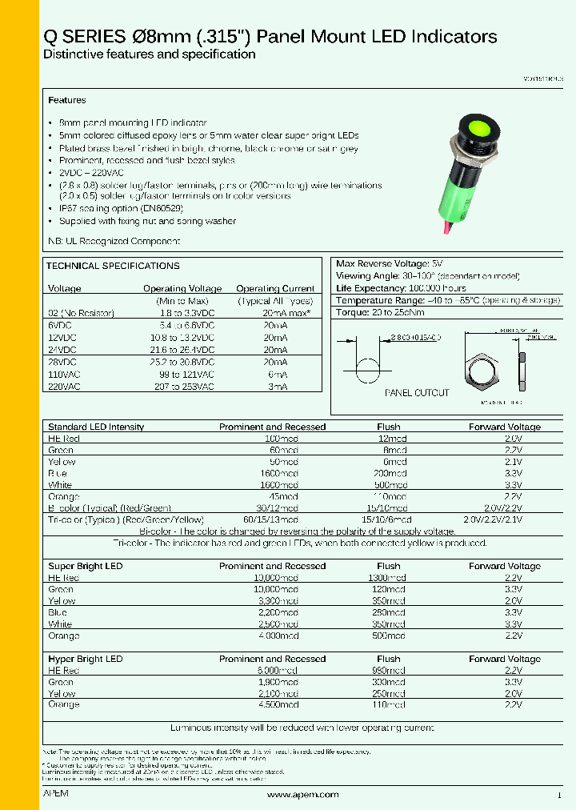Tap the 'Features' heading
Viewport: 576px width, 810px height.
67,101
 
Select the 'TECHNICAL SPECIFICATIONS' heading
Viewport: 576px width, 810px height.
113,266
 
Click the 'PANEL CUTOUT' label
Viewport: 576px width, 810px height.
417,393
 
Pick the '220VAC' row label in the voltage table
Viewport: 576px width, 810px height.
64,387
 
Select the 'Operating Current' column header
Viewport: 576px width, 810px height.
275,289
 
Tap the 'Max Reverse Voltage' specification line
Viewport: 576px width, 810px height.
390,263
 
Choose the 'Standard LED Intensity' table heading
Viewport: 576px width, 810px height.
96,427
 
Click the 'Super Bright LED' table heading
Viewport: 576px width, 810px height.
86,567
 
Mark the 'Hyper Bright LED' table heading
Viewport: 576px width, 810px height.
86,660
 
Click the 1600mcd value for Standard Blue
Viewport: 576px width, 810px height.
282,474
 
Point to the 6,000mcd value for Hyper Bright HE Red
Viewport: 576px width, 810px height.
282,671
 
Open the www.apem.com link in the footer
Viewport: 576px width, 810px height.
302,795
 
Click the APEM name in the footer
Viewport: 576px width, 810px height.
55,794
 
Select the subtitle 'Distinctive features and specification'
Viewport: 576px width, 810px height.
149,54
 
